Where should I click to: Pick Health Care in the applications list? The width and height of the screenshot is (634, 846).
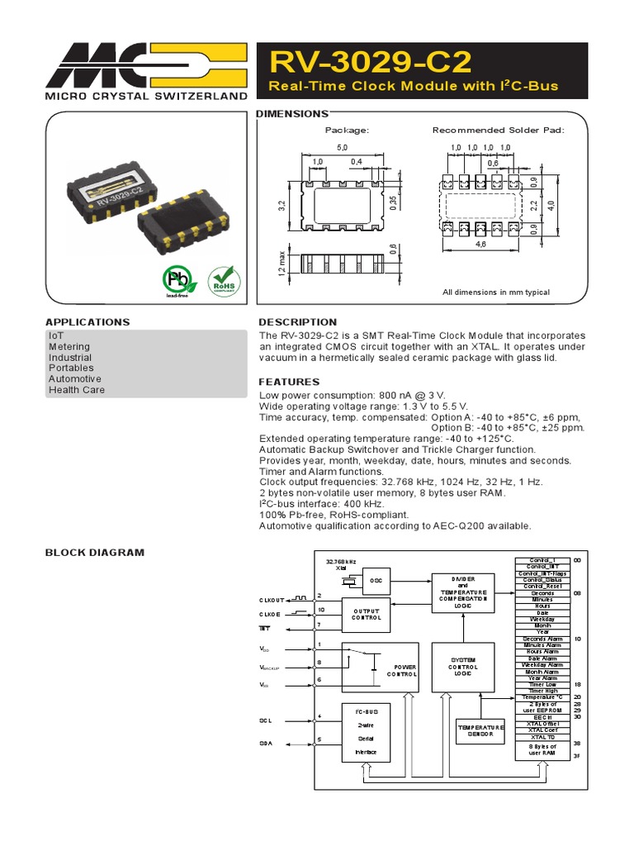tap(77, 389)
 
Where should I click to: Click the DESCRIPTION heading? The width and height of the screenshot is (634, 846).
tap(298, 321)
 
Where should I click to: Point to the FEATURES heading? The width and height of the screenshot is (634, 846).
tap(289, 382)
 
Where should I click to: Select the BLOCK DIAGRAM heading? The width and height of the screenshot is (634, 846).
tap(94, 552)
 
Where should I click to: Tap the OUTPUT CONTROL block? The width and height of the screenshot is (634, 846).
tap(367, 614)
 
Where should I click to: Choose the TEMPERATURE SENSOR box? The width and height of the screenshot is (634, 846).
tap(480, 730)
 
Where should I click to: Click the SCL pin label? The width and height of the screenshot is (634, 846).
tap(266, 720)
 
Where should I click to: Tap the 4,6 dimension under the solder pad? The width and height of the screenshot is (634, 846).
tap(480, 245)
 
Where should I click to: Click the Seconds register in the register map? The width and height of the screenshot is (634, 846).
tap(542, 593)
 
